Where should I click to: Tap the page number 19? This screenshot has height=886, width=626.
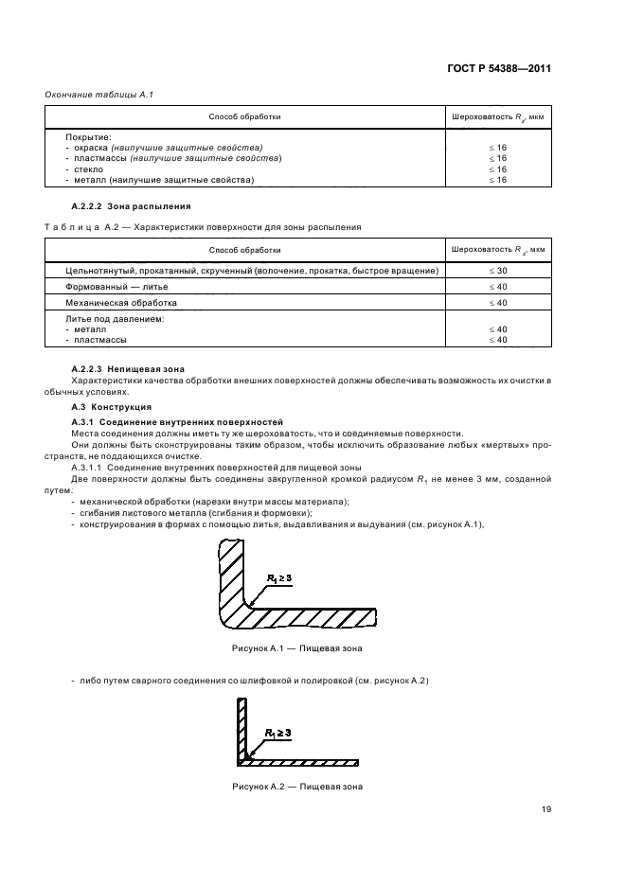(x=546, y=808)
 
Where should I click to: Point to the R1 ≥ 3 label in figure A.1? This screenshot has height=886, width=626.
(x=284, y=576)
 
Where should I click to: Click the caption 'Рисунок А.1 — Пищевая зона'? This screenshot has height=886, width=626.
(x=296, y=649)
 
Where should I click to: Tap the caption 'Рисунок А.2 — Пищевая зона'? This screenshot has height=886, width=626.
(x=296, y=787)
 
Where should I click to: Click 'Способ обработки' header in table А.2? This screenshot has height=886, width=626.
(x=244, y=250)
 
